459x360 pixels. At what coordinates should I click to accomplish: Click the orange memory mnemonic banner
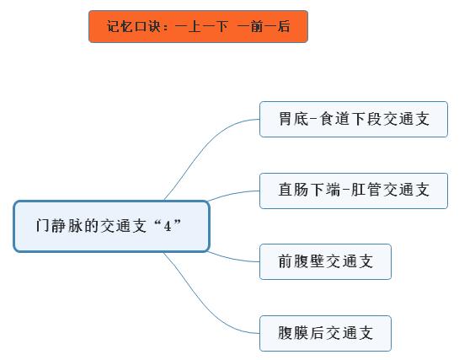click(198, 27)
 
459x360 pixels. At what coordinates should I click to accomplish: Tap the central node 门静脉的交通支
click(111, 226)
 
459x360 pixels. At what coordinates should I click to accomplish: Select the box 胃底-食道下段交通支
click(354, 119)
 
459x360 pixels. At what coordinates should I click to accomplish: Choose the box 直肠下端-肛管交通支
click(354, 191)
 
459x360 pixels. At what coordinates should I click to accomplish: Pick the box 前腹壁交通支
click(325, 261)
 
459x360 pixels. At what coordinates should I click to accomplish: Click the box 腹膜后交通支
click(325, 333)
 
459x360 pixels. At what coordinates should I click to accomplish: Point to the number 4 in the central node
click(168, 226)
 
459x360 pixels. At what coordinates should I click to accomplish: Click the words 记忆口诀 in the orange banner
click(133, 26)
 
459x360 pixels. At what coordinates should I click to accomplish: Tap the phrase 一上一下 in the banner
click(201, 26)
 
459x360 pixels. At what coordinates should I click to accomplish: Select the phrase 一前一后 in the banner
click(264, 26)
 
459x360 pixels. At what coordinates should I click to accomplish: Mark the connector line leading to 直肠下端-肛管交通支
click(232, 194)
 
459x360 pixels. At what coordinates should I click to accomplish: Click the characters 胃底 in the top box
click(294, 119)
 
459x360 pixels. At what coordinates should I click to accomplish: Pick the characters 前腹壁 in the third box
click(301, 261)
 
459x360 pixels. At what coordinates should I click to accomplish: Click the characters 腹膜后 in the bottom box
click(301, 333)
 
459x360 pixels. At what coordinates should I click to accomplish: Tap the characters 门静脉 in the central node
click(59, 226)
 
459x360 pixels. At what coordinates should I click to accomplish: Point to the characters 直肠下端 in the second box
click(309, 190)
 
